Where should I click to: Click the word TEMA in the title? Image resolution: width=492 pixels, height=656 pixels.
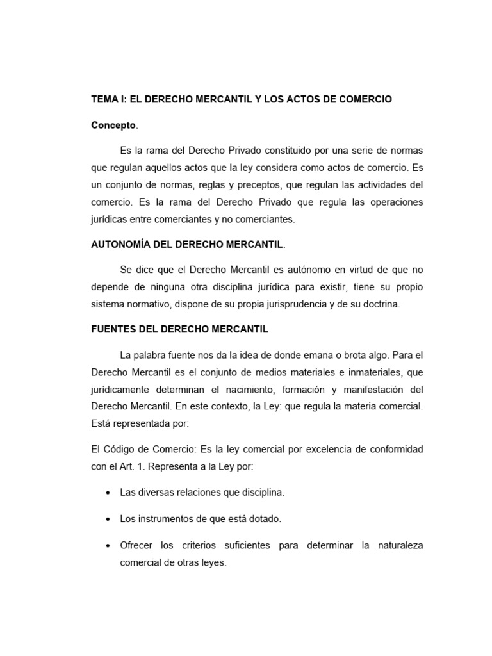(x=103, y=100)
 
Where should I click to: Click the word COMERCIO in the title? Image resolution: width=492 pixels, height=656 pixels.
(x=364, y=100)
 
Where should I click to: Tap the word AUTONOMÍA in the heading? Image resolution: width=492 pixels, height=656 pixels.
(x=120, y=244)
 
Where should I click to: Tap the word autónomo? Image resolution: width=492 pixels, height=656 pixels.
(x=296, y=269)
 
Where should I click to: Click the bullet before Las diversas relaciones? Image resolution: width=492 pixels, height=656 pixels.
(x=105, y=493)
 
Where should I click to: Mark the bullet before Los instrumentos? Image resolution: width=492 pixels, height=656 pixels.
(x=105, y=520)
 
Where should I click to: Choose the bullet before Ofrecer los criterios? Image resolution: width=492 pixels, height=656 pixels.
(x=105, y=546)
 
